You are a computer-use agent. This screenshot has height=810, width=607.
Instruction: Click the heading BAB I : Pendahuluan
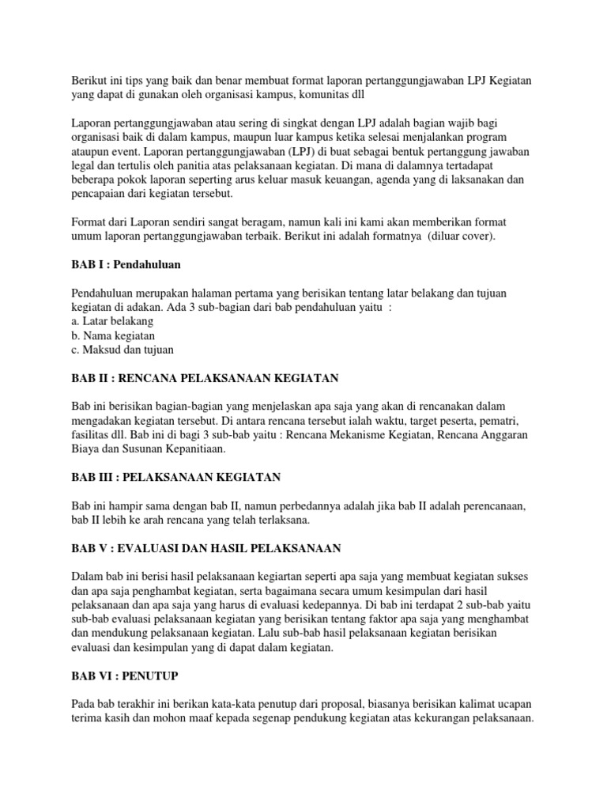click(x=124, y=263)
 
